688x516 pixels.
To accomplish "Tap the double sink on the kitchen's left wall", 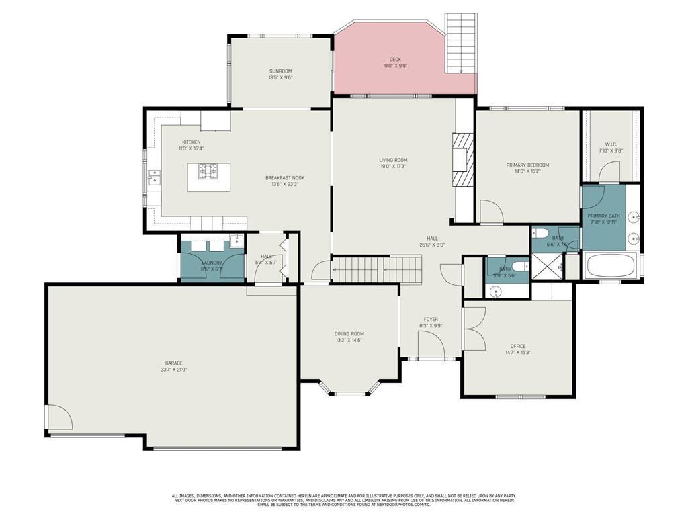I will tap(155, 177).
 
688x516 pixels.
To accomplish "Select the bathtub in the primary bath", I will tap(611, 266).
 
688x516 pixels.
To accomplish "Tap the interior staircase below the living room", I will tap(378, 269).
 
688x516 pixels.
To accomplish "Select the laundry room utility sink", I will tap(236, 242).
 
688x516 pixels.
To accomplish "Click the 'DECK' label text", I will tap(395, 60).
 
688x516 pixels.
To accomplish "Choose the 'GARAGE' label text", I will tap(174, 363).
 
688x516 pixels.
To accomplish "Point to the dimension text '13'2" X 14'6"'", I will tap(349, 340).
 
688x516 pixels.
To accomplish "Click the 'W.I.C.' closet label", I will tap(611, 144).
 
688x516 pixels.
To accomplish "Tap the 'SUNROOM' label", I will tap(280, 71).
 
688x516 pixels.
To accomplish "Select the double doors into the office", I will tap(474, 329).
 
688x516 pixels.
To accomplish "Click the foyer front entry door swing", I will tap(430, 347).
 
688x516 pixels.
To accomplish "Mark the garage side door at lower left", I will tap(59, 418).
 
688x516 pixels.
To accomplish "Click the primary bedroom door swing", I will tap(490, 212).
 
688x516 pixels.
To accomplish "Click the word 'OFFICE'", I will tap(518, 347).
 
